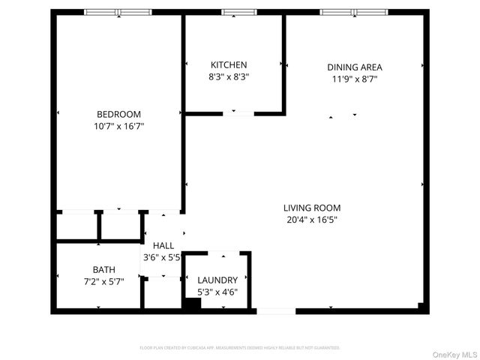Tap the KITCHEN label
click(229, 65)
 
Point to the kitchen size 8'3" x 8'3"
click(229, 76)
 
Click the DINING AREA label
click(355, 67)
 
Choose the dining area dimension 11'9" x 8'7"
click(355, 79)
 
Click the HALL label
click(163, 245)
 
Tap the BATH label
click(103, 269)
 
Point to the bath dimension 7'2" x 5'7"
click(103, 281)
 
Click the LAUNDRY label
click(217, 280)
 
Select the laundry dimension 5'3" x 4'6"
click(217, 292)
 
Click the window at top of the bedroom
click(117, 12)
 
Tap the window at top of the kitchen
click(238, 12)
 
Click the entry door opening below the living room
click(275, 310)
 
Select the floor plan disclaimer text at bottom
click(240, 348)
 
